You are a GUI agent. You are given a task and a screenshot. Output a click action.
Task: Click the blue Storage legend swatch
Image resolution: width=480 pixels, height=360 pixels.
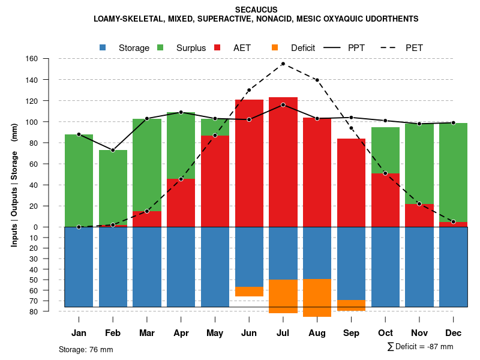(x=104, y=47)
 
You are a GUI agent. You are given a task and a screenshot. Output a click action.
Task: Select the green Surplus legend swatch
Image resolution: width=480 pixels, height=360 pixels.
(x=161, y=47)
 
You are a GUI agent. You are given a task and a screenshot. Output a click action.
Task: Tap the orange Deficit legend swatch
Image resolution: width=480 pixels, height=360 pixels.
(x=275, y=47)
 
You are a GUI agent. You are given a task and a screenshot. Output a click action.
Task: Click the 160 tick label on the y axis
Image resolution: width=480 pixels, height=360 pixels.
(x=32, y=59)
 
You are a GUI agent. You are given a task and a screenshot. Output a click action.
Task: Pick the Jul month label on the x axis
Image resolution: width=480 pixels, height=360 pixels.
(x=283, y=333)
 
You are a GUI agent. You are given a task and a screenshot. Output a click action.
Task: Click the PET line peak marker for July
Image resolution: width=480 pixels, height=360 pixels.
(x=283, y=64)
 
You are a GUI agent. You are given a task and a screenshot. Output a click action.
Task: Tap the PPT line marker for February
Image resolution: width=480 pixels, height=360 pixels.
(x=113, y=150)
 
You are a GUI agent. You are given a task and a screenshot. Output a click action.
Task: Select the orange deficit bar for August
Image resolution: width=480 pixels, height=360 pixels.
(x=317, y=298)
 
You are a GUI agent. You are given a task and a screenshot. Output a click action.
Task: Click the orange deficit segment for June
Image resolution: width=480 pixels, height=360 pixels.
(x=249, y=292)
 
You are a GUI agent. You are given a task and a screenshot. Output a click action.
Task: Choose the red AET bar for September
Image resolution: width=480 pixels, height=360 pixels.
(x=351, y=182)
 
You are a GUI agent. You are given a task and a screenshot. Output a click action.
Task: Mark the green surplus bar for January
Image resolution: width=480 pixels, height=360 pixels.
(x=79, y=180)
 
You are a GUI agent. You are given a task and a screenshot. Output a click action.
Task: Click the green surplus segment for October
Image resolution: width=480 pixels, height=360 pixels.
(x=385, y=150)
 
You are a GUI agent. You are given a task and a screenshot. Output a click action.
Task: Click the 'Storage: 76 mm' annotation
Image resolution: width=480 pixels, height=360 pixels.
(x=86, y=349)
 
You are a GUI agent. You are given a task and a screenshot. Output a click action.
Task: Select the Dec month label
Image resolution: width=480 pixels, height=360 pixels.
(x=454, y=333)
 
